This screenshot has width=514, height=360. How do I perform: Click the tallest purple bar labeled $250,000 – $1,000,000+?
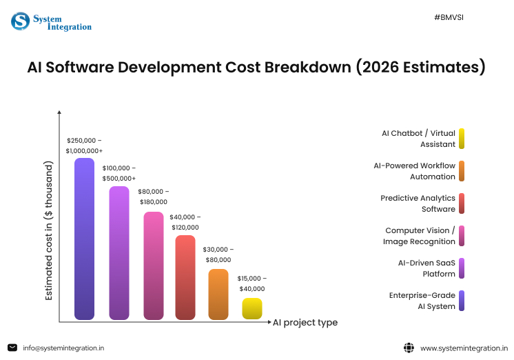84,239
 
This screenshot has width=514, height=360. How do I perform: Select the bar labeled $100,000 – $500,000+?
119,252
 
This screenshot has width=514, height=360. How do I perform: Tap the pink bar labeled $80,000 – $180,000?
153,266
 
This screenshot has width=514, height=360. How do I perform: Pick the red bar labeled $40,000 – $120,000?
185,277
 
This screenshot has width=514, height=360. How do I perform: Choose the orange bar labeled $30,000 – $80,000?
218,294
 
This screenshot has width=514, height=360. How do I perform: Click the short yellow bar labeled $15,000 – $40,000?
252,308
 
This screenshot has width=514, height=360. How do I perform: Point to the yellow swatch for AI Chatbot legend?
461,139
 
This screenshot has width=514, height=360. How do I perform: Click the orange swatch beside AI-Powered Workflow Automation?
461,171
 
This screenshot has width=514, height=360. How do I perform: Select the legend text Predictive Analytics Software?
418,203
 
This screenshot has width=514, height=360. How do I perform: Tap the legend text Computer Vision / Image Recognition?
418,236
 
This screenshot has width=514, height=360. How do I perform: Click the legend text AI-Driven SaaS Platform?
426,268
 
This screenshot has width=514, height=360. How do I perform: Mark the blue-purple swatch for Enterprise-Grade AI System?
461,301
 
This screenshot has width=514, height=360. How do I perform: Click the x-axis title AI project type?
305,322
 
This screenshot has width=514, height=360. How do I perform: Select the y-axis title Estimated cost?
49,230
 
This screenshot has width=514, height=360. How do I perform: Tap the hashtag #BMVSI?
449,16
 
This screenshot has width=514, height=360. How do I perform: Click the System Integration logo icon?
20,21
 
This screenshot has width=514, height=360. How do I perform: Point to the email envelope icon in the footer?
12,348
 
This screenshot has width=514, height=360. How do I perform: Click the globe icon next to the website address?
409,348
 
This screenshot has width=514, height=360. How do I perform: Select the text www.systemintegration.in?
463,348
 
